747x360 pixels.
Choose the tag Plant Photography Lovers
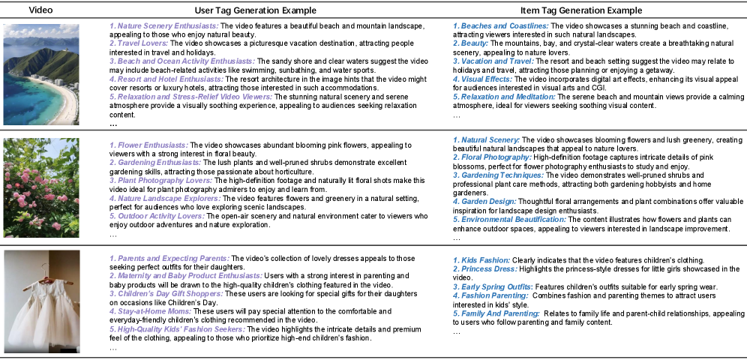pyautogui.click(x=157, y=180)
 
